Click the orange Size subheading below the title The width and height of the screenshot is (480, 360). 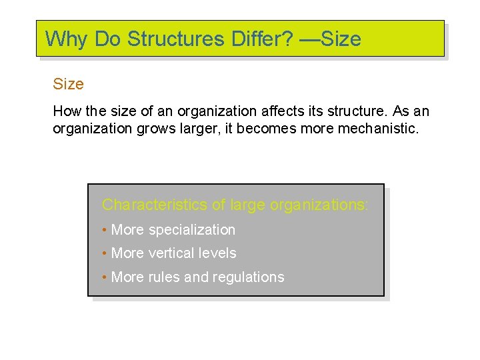pos(68,84)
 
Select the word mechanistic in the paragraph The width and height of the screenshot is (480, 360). pos(377,128)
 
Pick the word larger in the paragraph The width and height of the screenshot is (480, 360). pos(199,128)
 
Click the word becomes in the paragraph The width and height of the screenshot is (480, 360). pos(264,128)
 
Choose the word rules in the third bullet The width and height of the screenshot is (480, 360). pos(163,277)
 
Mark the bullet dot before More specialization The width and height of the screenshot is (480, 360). pos(105,231)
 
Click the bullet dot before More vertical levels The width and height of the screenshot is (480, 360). pos(105,254)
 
